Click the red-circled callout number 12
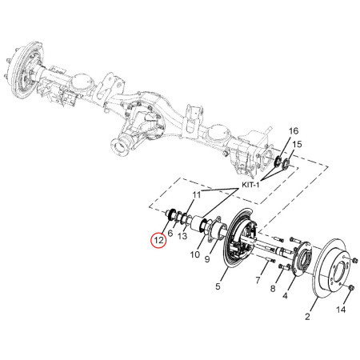[x=158, y=240]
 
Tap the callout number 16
[x=294, y=131]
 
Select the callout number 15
[x=297, y=144]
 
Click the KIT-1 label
[x=250, y=185]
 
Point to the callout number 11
[x=197, y=195]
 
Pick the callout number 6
[x=170, y=234]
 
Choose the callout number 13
[x=182, y=236]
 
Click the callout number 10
[x=195, y=254]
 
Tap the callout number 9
[x=207, y=258]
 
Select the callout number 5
[x=218, y=286]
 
